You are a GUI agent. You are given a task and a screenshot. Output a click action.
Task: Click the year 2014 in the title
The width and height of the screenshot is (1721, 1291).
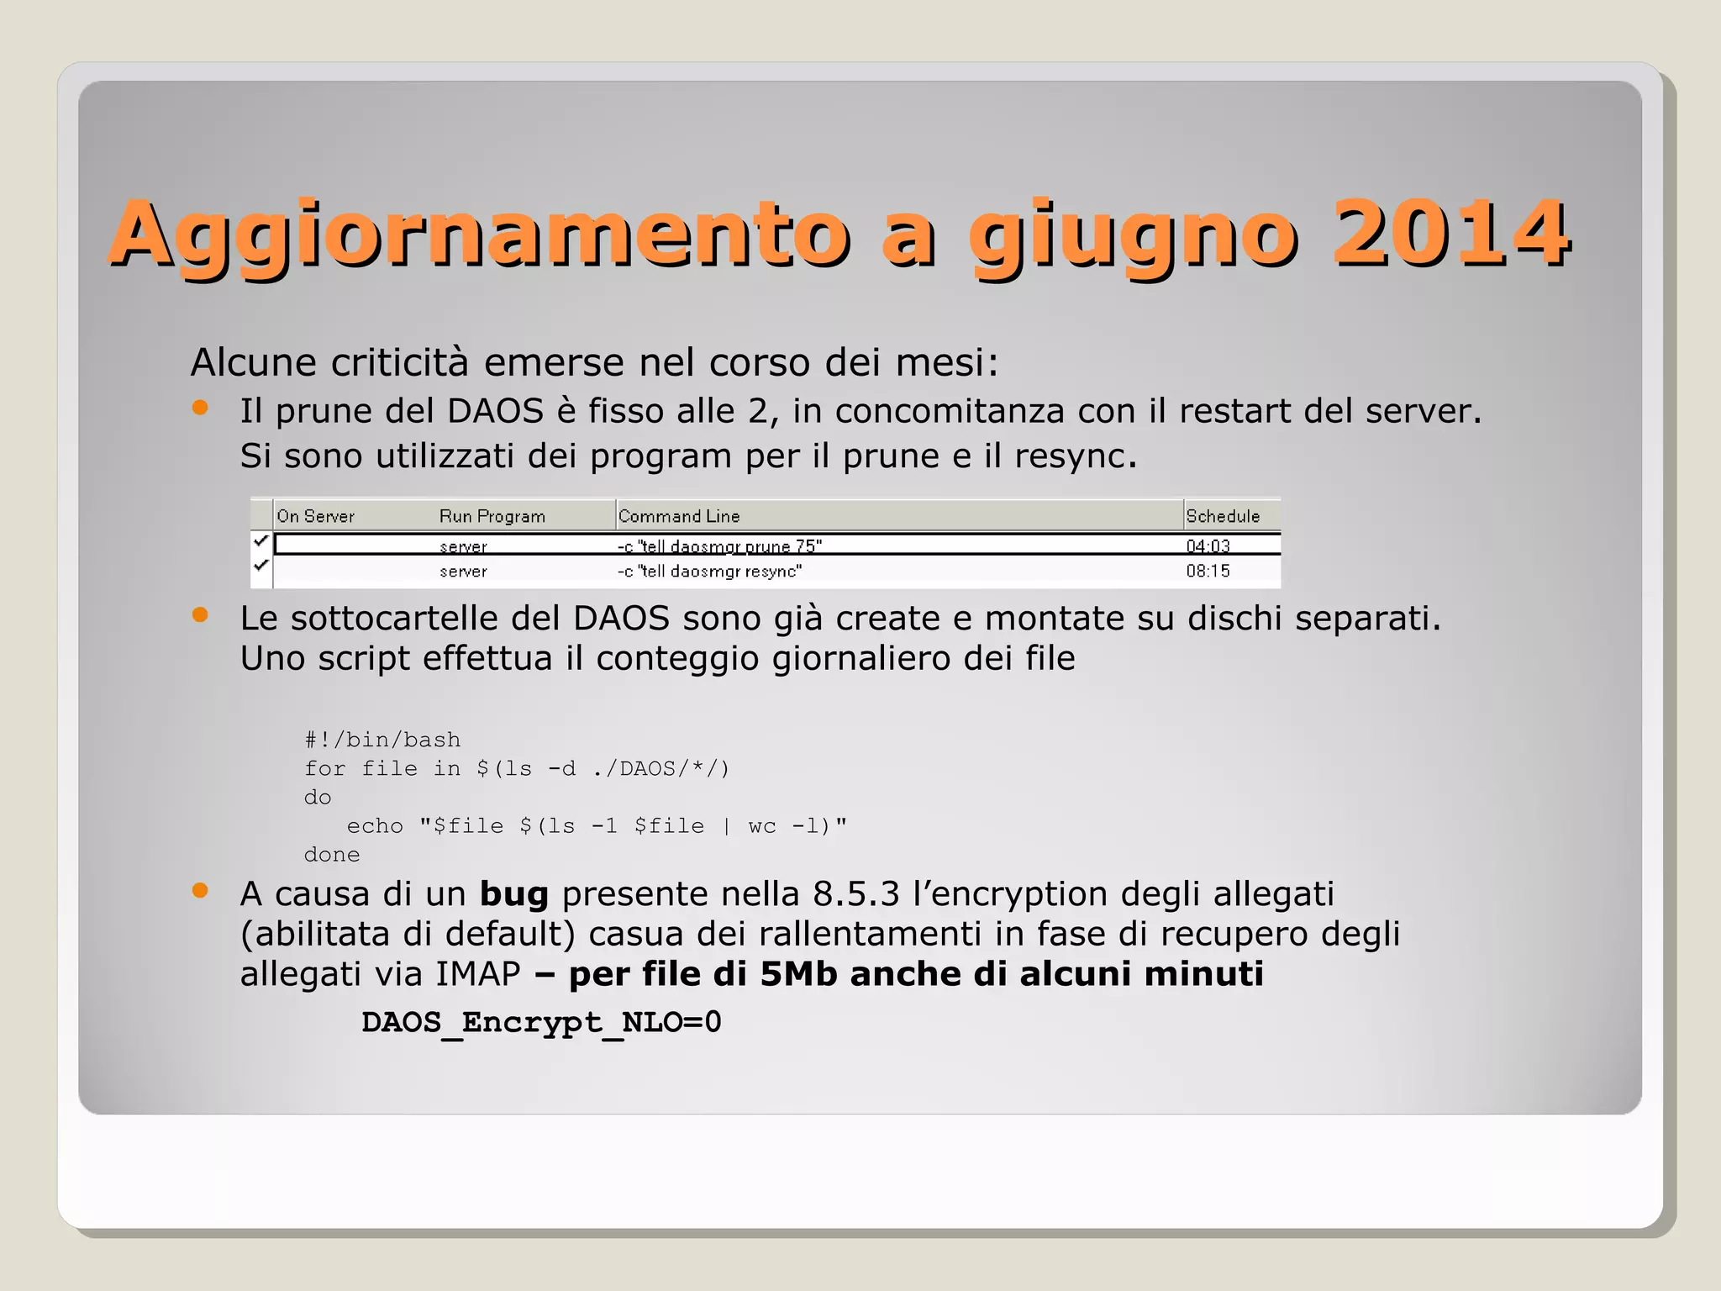(x=1450, y=234)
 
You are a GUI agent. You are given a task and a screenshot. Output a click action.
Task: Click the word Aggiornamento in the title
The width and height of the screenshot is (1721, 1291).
(x=479, y=235)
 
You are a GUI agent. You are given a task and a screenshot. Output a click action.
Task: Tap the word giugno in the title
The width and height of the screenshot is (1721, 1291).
(x=1133, y=235)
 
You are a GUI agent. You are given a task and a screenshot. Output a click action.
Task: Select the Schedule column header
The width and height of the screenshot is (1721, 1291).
(x=1223, y=516)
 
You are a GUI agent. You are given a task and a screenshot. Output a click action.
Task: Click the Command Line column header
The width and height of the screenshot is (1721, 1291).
(x=679, y=516)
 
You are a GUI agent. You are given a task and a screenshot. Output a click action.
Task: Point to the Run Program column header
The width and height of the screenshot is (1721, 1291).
(x=492, y=516)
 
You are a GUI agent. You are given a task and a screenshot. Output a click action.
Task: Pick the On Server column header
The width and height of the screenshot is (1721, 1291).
(x=316, y=516)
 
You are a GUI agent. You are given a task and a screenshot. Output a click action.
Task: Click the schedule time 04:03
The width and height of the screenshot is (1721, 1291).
(x=1208, y=546)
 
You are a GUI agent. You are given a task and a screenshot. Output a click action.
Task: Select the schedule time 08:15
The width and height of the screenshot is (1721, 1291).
(x=1208, y=572)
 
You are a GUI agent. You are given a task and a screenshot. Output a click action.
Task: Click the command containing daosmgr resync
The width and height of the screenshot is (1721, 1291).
(x=710, y=572)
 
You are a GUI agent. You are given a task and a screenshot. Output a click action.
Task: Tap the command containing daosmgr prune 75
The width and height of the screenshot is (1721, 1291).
(x=720, y=546)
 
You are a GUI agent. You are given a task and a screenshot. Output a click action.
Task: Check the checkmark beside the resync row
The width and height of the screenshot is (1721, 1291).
(x=261, y=566)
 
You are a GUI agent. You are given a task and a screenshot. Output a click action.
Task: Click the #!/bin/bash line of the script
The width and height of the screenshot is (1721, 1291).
(x=382, y=740)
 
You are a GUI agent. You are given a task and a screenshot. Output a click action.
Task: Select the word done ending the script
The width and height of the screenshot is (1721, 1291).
(x=332, y=855)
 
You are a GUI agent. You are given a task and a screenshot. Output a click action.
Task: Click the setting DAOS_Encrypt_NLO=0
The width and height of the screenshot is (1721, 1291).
(x=541, y=1022)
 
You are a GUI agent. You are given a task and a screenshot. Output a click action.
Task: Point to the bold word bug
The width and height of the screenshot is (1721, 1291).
(x=513, y=894)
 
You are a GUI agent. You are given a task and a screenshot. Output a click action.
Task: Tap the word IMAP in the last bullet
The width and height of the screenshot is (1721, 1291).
(x=478, y=975)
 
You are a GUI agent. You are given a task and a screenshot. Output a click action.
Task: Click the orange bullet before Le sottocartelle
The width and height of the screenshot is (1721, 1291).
(x=200, y=614)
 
